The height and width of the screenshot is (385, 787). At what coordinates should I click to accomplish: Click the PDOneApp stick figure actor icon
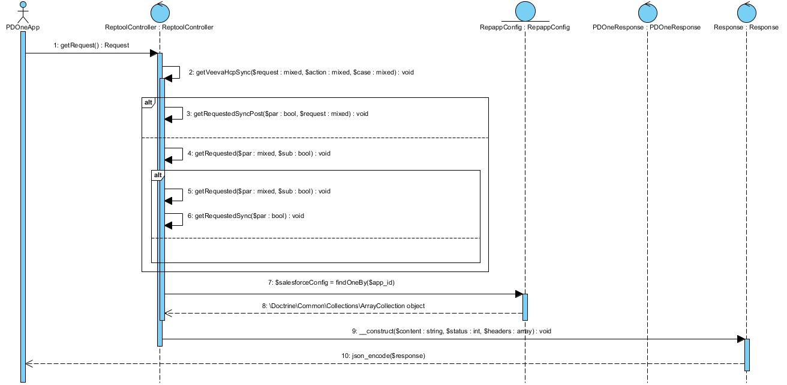click(x=23, y=13)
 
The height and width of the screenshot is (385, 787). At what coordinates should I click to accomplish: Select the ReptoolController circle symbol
click(x=160, y=13)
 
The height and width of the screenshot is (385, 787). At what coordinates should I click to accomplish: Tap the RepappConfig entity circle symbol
click(x=525, y=11)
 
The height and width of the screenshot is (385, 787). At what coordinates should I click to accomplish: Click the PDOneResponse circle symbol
click(x=647, y=13)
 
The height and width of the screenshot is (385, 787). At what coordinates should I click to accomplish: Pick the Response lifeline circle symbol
click(x=747, y=13)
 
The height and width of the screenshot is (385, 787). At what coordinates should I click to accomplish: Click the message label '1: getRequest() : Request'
click(x=91, y=46)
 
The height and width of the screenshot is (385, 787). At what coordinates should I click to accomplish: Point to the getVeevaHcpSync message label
click(x=301, y=73)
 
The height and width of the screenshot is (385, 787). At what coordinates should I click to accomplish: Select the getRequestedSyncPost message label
click(x=277, y=114)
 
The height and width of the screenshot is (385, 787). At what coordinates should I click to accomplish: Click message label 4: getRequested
click(x=259, y=153)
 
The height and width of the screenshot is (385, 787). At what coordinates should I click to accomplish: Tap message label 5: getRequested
click(x=259, y=192)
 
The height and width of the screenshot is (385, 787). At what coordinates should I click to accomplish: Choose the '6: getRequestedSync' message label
click(x=245, y=216)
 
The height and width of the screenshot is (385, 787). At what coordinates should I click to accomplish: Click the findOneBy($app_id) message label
click(x=331, y=282)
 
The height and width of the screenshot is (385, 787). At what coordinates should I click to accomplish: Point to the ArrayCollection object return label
click(x=343, y=306)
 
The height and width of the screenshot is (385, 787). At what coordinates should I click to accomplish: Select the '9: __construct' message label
click(x=452, y=331)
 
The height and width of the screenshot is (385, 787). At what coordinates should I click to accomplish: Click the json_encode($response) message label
click(x=383, y=356)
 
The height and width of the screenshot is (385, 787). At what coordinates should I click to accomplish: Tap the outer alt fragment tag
click(x=148, y=103)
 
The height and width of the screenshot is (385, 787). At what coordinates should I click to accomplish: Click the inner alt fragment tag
click(x=158, y=175)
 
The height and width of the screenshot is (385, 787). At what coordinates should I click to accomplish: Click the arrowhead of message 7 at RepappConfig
click(x=519, y=294)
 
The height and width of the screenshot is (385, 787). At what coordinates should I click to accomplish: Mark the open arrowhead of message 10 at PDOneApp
click(x=29, y=363)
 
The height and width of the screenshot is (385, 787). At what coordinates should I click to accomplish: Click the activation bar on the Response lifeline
click(x=747, y=355)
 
